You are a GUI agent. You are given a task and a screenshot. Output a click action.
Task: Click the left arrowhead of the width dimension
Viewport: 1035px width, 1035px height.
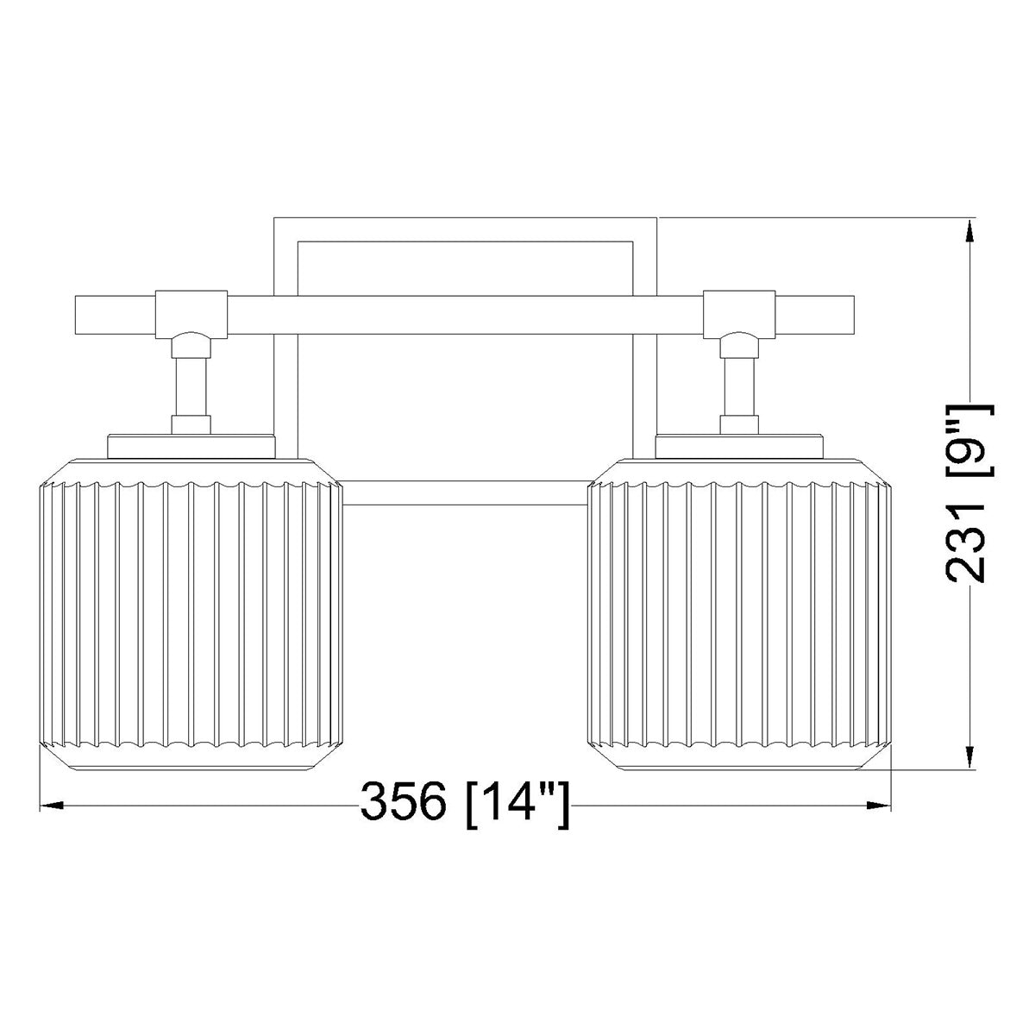coord(53,820)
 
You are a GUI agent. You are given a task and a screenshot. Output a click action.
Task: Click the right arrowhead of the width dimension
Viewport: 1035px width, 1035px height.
coord(878,820)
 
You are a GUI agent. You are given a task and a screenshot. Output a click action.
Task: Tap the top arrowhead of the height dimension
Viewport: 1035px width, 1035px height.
coord(969,231)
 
